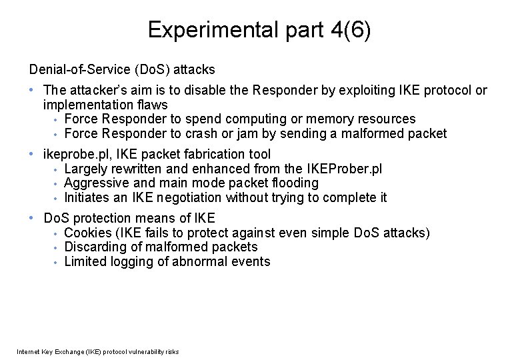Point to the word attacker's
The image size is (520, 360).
(99, 90)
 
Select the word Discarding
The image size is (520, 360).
(95, 247)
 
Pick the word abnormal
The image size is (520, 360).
(206, 261)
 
